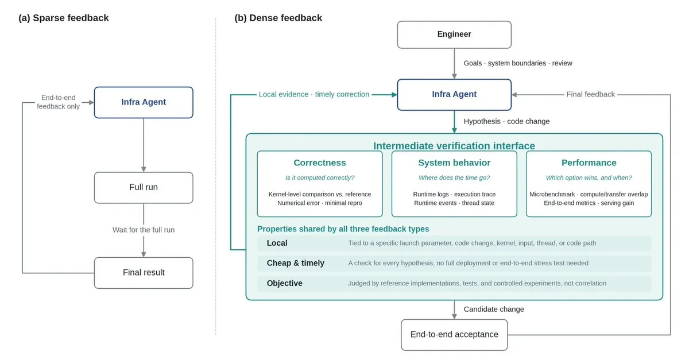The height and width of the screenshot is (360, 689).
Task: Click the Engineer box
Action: (454, 34)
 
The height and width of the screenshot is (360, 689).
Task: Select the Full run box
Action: (144, 187)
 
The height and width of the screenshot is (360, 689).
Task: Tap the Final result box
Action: (144, 273)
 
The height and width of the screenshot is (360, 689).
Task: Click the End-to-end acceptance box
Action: (454, 335)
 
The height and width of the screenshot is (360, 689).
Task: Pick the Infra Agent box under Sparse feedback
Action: (144, 102)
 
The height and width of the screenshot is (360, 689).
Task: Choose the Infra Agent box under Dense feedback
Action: (454, 95)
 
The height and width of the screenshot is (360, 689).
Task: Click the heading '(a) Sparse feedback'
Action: (63, 18)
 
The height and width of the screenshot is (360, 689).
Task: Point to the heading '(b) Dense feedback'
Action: (278, 18)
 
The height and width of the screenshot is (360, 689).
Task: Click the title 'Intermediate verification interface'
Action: (454, 145)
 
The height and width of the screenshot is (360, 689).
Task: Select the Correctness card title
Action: (320, 162)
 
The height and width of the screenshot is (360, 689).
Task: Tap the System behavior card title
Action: (454, 162)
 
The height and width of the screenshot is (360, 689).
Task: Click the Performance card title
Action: (589, 162)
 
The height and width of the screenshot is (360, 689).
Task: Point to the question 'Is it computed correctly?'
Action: (320, 177)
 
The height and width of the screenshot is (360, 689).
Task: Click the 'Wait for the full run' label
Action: (144, 230)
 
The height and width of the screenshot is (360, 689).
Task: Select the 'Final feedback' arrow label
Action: (591, 94)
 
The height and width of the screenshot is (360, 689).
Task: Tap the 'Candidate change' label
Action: (494, 309)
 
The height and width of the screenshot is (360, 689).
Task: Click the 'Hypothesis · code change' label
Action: (506, 121)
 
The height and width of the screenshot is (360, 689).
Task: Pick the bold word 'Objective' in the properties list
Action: (285, 283)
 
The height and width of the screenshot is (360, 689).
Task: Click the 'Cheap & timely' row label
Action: (295, 263)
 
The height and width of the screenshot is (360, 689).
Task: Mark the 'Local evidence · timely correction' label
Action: (313, 94)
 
